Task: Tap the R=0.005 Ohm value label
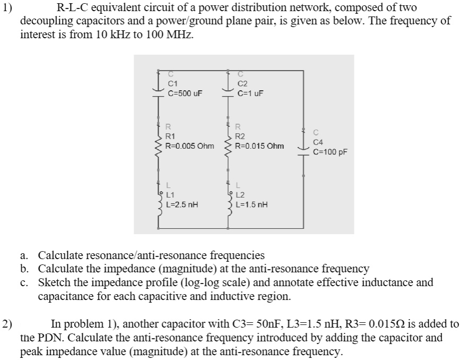(190, 145)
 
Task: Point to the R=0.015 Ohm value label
(260, 145)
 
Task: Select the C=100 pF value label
(330, 151)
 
